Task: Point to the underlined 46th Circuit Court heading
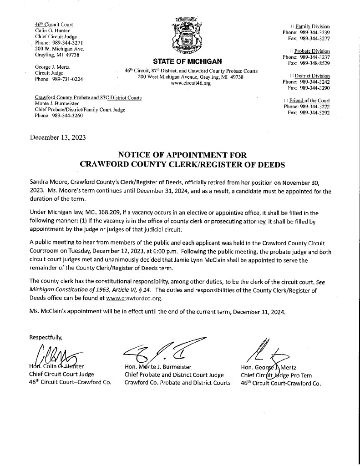pos(54,24)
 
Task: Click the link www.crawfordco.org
pos(136,299)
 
